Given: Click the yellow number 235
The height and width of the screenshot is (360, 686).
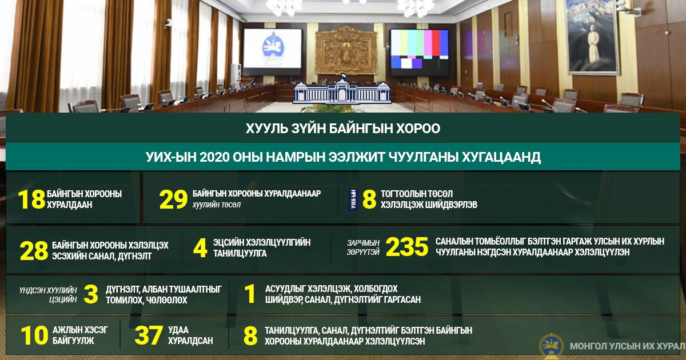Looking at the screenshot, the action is (x=406, y=247).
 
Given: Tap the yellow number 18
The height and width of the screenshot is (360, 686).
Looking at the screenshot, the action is (x=31, y=199).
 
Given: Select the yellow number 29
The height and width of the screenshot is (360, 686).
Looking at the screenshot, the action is (x=173, y=199).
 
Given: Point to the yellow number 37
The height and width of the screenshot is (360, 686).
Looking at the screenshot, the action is (x=149, y=335).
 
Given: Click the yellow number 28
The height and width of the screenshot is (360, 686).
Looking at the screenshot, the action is (x=34, y=251).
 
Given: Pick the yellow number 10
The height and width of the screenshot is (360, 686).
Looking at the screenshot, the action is (x=34, y=335).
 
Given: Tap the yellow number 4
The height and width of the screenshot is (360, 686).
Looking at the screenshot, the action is (x=200, y=248).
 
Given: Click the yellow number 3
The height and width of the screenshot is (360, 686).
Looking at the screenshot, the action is (x=91, y=294).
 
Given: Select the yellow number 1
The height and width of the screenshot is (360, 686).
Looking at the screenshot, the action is (x=250, y=294).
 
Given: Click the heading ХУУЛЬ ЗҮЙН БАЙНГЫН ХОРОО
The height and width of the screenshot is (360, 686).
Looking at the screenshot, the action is (x=343, y=128).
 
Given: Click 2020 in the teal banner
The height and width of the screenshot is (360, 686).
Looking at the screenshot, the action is (x=215, y=157).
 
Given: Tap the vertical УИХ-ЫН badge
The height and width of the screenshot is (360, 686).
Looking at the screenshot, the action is (x=353, y=200).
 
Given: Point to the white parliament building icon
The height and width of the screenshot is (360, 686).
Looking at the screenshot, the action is (x=342, y=89).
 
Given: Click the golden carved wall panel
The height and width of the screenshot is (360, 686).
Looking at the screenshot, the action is (x=346, y=51).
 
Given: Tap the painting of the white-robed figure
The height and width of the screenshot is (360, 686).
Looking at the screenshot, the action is (x=592, y=36).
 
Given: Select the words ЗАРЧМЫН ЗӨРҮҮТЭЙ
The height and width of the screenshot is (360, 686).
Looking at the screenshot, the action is (x=363, y=247).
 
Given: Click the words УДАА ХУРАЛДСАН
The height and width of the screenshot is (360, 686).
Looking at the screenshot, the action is (x=190, y=335).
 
